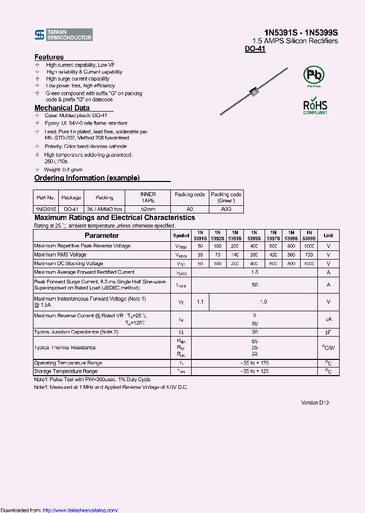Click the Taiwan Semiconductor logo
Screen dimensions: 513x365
click(63, 34)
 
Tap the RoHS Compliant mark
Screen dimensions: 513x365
click(315, 107)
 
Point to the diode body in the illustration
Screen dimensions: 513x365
click(254, 92)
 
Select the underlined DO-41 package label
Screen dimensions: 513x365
click(255, 49)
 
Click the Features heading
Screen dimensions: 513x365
click(49, 57)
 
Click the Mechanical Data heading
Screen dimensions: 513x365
click(62, 108)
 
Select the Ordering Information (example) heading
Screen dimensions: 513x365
click(87, 178)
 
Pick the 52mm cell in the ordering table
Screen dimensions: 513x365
click(148, 209)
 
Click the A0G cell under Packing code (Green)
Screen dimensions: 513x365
click(226, 209)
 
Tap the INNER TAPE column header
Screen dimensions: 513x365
click(148, 197)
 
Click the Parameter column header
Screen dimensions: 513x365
click(102, 235)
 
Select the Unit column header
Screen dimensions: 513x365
click(328, 235)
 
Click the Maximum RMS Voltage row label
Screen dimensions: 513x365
click(60, 254)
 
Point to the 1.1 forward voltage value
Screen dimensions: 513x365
click(200, 302)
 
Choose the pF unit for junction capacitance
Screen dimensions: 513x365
click(328, 332)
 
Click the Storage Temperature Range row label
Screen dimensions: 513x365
click(66, 372)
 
